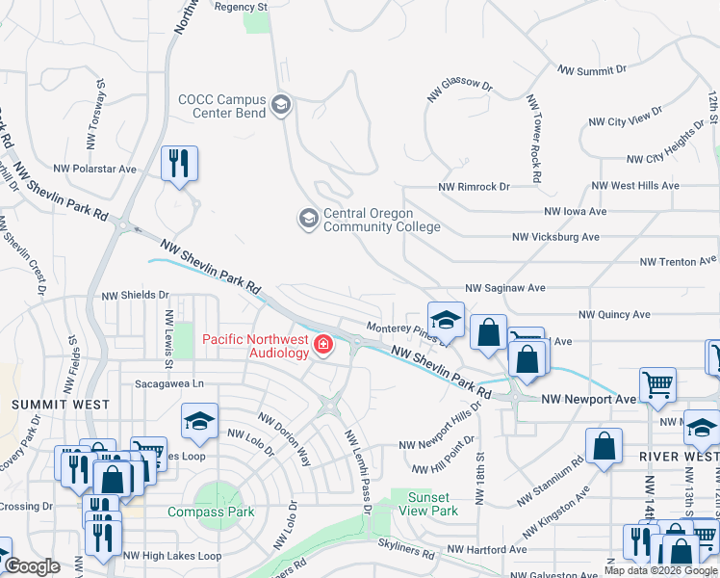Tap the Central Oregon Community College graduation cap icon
[x=308, y=219]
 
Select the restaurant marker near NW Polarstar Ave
[x=179, y=163]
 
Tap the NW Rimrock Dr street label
[x=474, y=187]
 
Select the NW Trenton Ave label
[x=679, y=261]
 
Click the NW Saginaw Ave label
[x=505, y=288]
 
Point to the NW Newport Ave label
[x=589, y=399]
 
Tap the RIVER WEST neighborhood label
[x=673, y=456]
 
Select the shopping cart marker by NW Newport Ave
[x=657, y=384]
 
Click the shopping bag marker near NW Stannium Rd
[x=604, y=446]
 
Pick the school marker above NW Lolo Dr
[x=199, y=419]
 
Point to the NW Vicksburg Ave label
[x=555, y=237]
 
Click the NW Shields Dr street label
[x=135, y=296]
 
